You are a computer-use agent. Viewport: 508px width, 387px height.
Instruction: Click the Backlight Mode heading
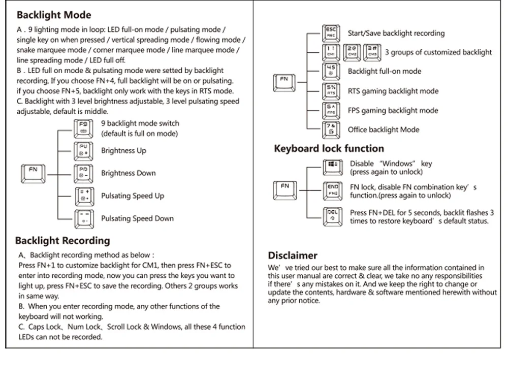coord(54,15)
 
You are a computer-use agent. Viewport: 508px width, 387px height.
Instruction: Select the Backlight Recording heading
coord(62,241)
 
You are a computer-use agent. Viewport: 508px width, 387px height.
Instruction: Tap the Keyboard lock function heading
coord(329,149)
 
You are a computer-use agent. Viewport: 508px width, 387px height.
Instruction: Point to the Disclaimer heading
coord(292,255)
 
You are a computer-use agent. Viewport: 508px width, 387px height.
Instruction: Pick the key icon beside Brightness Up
coord(83,150)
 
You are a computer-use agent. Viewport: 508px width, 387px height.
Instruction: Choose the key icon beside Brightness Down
coord(83,173)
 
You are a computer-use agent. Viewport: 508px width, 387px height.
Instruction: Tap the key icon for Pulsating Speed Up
coord(83,196)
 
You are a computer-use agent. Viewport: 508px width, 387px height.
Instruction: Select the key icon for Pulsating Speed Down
coord(83,218)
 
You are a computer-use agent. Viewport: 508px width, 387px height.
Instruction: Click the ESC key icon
coord(330,33)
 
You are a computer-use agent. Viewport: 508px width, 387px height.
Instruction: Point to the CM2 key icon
coord(352,52)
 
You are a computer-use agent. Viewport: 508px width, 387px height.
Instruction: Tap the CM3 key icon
coord(373,52)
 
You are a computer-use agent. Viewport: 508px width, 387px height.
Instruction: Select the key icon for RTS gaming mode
coord(331,91)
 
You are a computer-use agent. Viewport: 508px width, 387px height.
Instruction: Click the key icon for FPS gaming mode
coord(331,110)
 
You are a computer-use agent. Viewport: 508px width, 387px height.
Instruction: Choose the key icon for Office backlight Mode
coord(331,130)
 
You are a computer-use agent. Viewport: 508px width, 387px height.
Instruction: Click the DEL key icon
coord(332,215)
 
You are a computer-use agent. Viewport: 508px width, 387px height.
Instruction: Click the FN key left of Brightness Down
coord(33,173)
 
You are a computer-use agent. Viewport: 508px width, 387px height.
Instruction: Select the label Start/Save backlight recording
coord(396,33)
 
